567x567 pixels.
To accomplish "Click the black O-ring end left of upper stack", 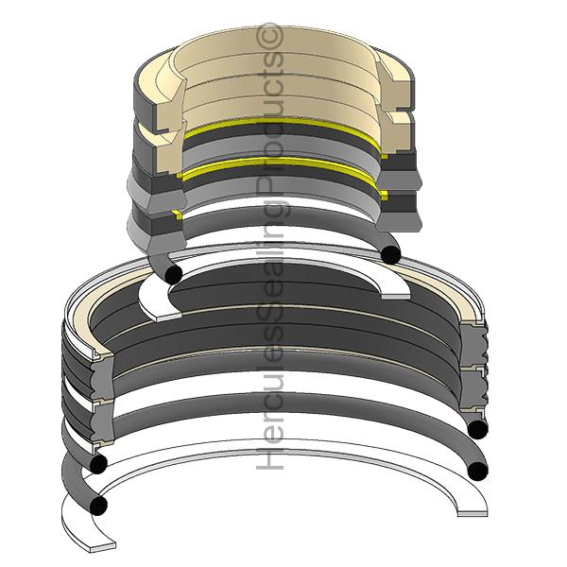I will (x=173, y=272).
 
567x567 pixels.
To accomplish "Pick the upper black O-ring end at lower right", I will (x=476, y=430).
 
